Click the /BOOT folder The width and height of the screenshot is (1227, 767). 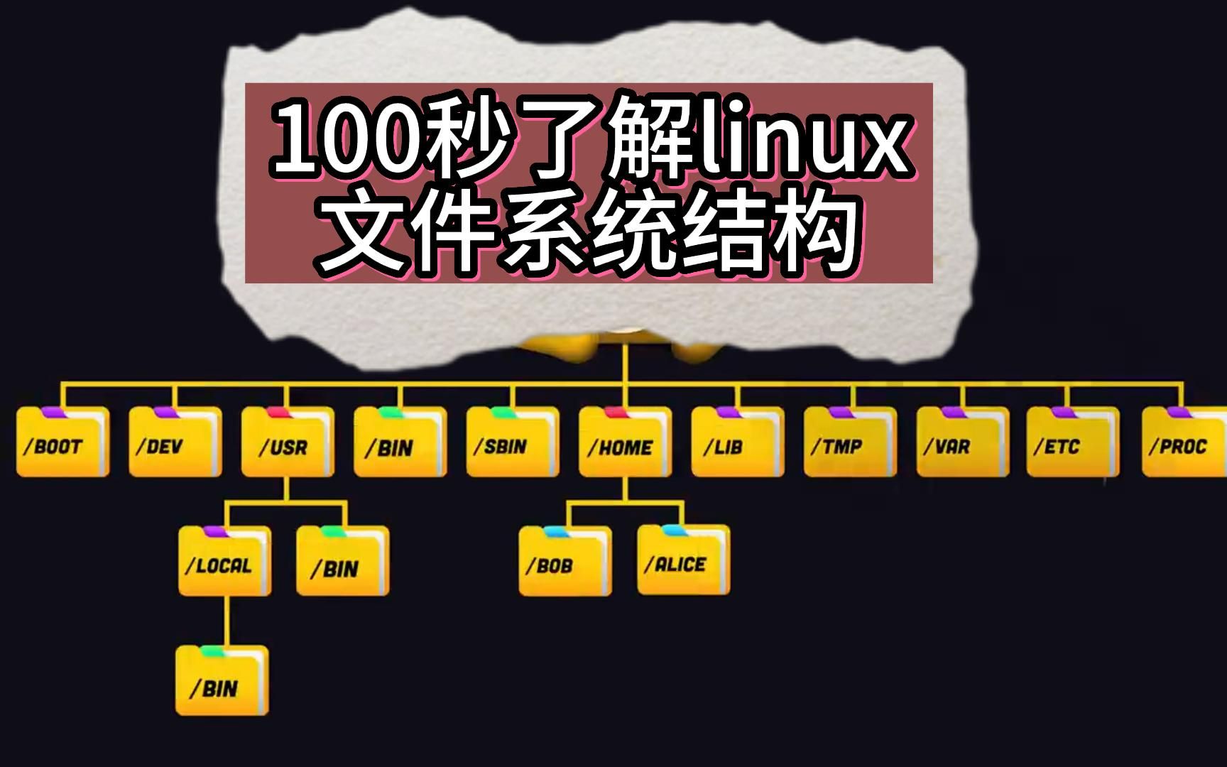[62, 442]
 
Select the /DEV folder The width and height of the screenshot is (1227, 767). [175, 442]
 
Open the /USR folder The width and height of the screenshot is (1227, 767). [287, 442]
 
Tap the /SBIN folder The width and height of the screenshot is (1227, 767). [512, 442]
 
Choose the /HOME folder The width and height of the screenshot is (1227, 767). [625, 442]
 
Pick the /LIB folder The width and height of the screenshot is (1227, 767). [737, 442]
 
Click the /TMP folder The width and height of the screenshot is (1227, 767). [849, 442]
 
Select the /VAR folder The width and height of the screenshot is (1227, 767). [962, 442]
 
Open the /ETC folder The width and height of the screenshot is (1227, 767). [1072, 442]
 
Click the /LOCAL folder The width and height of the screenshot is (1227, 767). [224, 561]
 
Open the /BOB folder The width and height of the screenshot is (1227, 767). [565, 561]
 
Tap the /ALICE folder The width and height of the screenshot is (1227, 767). [683, 561]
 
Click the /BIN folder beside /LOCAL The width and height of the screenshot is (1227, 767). [342, 561]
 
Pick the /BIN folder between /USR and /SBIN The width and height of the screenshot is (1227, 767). [400, 442]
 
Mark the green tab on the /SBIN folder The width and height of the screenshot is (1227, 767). [499, 412]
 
